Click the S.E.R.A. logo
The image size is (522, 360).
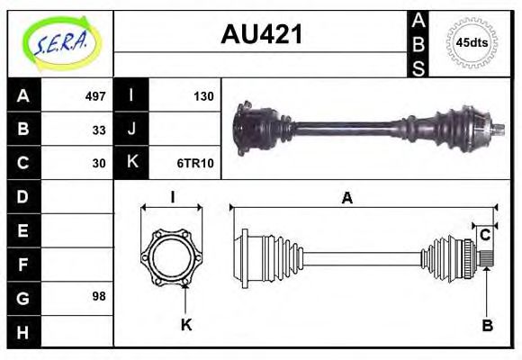click(59, 43)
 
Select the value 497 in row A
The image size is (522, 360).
click(95, 95)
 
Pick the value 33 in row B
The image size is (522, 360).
click(99, 129)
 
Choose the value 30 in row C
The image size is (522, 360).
click(99, 163)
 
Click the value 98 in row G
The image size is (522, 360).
click(99, 296)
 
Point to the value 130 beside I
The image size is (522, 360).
click(202, 95)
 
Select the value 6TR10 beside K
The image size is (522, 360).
click(195, 163)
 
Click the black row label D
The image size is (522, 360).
click(23, 195)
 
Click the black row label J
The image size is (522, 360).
click(131, 129)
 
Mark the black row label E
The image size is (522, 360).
click(23, 229)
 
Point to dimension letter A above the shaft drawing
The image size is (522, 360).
click(346, 200)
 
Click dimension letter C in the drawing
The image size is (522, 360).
click(484, 235)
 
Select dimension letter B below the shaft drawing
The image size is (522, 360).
click(487, 325)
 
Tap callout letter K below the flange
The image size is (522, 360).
click(186, 325)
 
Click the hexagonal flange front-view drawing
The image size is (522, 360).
click(171, 256)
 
